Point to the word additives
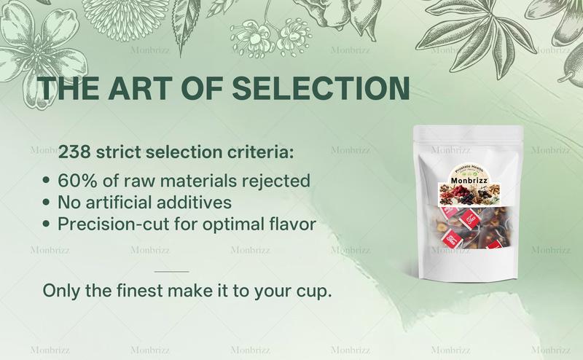[x=198, y=202]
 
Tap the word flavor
[x=291, y=224]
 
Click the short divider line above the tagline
[x=172, y=271]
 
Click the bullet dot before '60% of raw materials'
[x=47, y=180]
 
